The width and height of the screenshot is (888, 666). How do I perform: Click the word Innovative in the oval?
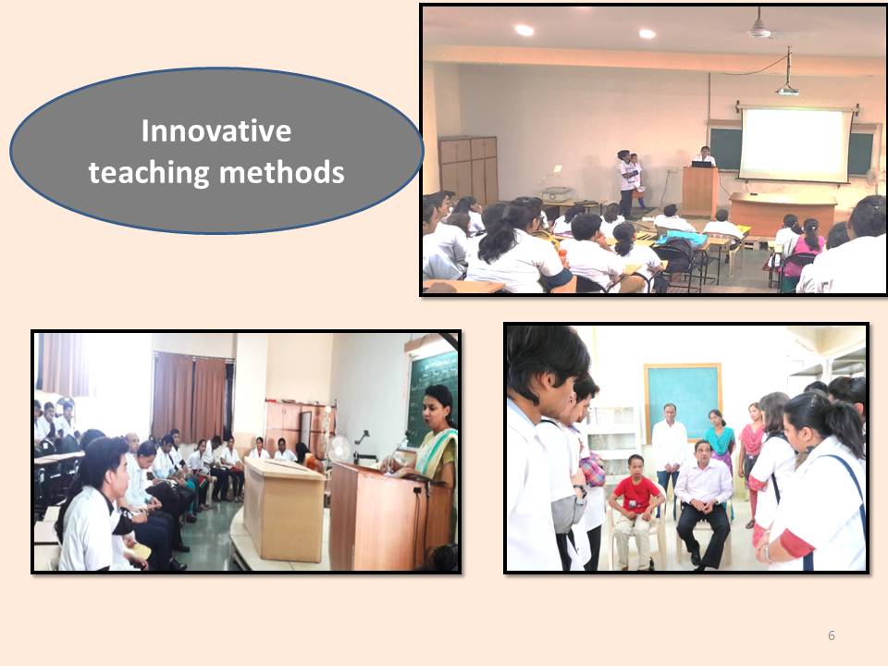coord(216,130)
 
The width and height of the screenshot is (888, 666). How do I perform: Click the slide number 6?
coord(832,635)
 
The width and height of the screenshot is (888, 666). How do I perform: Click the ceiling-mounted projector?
coord(787,89)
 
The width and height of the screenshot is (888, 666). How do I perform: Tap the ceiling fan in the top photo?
coord(760,27)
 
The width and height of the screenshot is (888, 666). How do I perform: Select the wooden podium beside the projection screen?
coord(700,191)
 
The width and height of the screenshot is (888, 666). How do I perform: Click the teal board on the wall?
coord(683,401)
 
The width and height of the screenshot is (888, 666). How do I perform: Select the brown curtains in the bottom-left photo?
coord(191,398)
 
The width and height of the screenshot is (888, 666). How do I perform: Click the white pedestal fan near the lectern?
coord(339,450)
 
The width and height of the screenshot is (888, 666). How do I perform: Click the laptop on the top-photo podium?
coord(702,165)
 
